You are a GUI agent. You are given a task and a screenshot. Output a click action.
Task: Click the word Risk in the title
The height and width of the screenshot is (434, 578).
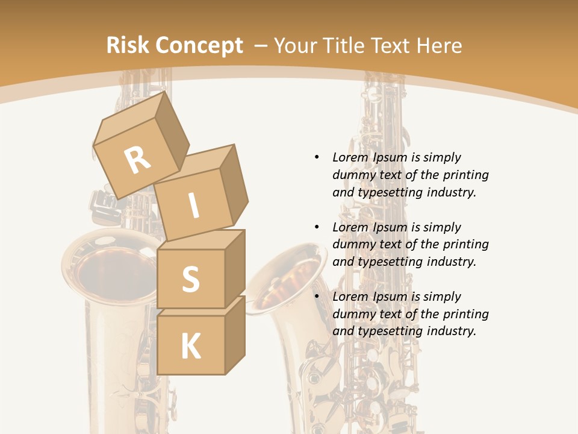128,46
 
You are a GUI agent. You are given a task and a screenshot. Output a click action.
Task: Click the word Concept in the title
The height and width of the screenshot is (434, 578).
198,46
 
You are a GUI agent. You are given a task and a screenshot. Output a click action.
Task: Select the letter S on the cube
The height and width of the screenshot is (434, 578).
190,279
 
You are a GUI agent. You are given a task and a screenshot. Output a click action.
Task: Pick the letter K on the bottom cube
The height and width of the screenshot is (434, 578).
191,347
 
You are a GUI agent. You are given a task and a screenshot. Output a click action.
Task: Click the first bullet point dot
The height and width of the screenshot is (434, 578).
317,157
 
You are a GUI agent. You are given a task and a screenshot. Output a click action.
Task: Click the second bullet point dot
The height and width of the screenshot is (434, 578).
317,227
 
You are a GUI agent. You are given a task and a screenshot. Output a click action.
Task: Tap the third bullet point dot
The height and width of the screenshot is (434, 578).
317,297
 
